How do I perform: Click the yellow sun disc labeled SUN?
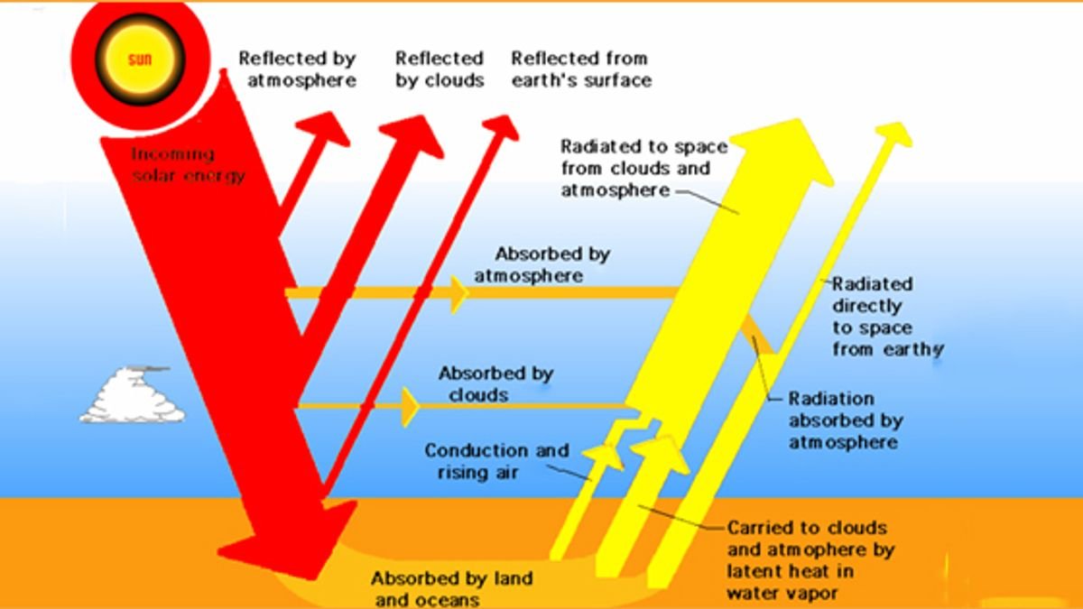(140, 60)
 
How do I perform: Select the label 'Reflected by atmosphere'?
(297, 69)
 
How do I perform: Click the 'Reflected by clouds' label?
(440, 69)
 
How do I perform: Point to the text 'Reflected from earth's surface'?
(580, 69)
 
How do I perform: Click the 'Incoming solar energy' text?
(188, 164)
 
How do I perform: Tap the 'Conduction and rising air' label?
(496, 461)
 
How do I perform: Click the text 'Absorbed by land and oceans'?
(451, 588)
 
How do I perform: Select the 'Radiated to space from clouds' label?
(643, 168)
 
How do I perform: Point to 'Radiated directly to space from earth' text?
(884, 316)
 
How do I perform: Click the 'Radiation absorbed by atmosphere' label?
(844, 420)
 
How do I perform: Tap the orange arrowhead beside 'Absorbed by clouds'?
(411, 407)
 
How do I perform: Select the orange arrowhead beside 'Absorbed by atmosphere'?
(458, 292)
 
